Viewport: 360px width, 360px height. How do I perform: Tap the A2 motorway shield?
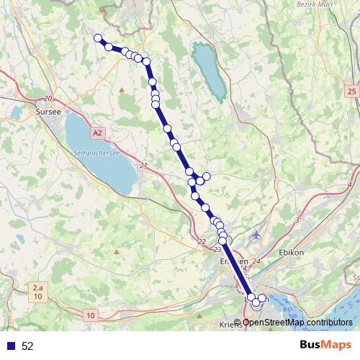[x=98, y=132]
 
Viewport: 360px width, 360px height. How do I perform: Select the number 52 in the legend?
[x=27, y=346]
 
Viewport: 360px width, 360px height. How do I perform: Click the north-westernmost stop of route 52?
[x=97, y=38]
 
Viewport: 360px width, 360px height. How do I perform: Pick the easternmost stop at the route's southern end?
[x=262, y=298]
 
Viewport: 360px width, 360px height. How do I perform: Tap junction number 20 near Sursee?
[x=48, y=99]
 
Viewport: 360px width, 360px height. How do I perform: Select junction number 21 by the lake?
[x=143, y=166]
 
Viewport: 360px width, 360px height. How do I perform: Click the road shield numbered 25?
[x=351, y=91]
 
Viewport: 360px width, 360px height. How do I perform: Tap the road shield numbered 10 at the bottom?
[x=90, y=315]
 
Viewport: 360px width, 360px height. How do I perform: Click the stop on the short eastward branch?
[x=207, y=176]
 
